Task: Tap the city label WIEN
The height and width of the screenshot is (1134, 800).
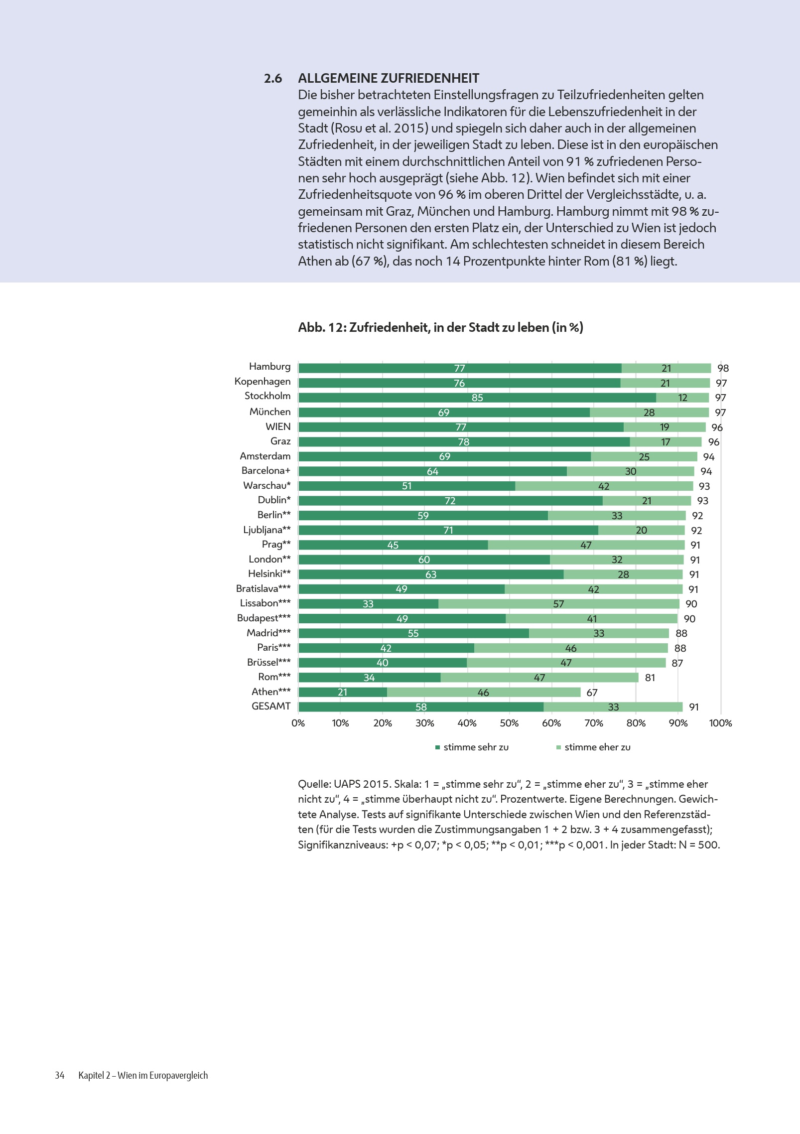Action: click(x=278, y=427)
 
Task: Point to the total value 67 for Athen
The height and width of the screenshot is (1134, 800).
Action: click(x=592, y=693)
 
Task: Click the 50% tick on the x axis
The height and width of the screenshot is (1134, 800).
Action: click(x=509, y=723)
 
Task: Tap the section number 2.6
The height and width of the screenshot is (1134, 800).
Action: click(x=273, y=78)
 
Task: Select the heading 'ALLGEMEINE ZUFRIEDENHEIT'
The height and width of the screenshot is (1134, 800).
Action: click(x=389, y=78)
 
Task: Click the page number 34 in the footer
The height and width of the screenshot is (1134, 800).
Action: click(x=60, y=1075)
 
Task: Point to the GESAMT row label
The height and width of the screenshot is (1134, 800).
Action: click(x=271, y=706)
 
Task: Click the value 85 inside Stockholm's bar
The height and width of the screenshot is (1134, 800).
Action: click(x=477, y=398)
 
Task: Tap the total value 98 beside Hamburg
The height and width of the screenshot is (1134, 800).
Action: click(x=723, y=368)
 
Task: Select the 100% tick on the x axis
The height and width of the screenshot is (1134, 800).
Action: click(x=720, y=723)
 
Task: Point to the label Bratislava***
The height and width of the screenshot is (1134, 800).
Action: click(x=263, y=588)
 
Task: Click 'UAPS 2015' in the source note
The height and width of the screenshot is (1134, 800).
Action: click(x=362, y=784)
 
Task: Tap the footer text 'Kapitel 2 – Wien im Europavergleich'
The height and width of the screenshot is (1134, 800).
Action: click(x=143, y=1075)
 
